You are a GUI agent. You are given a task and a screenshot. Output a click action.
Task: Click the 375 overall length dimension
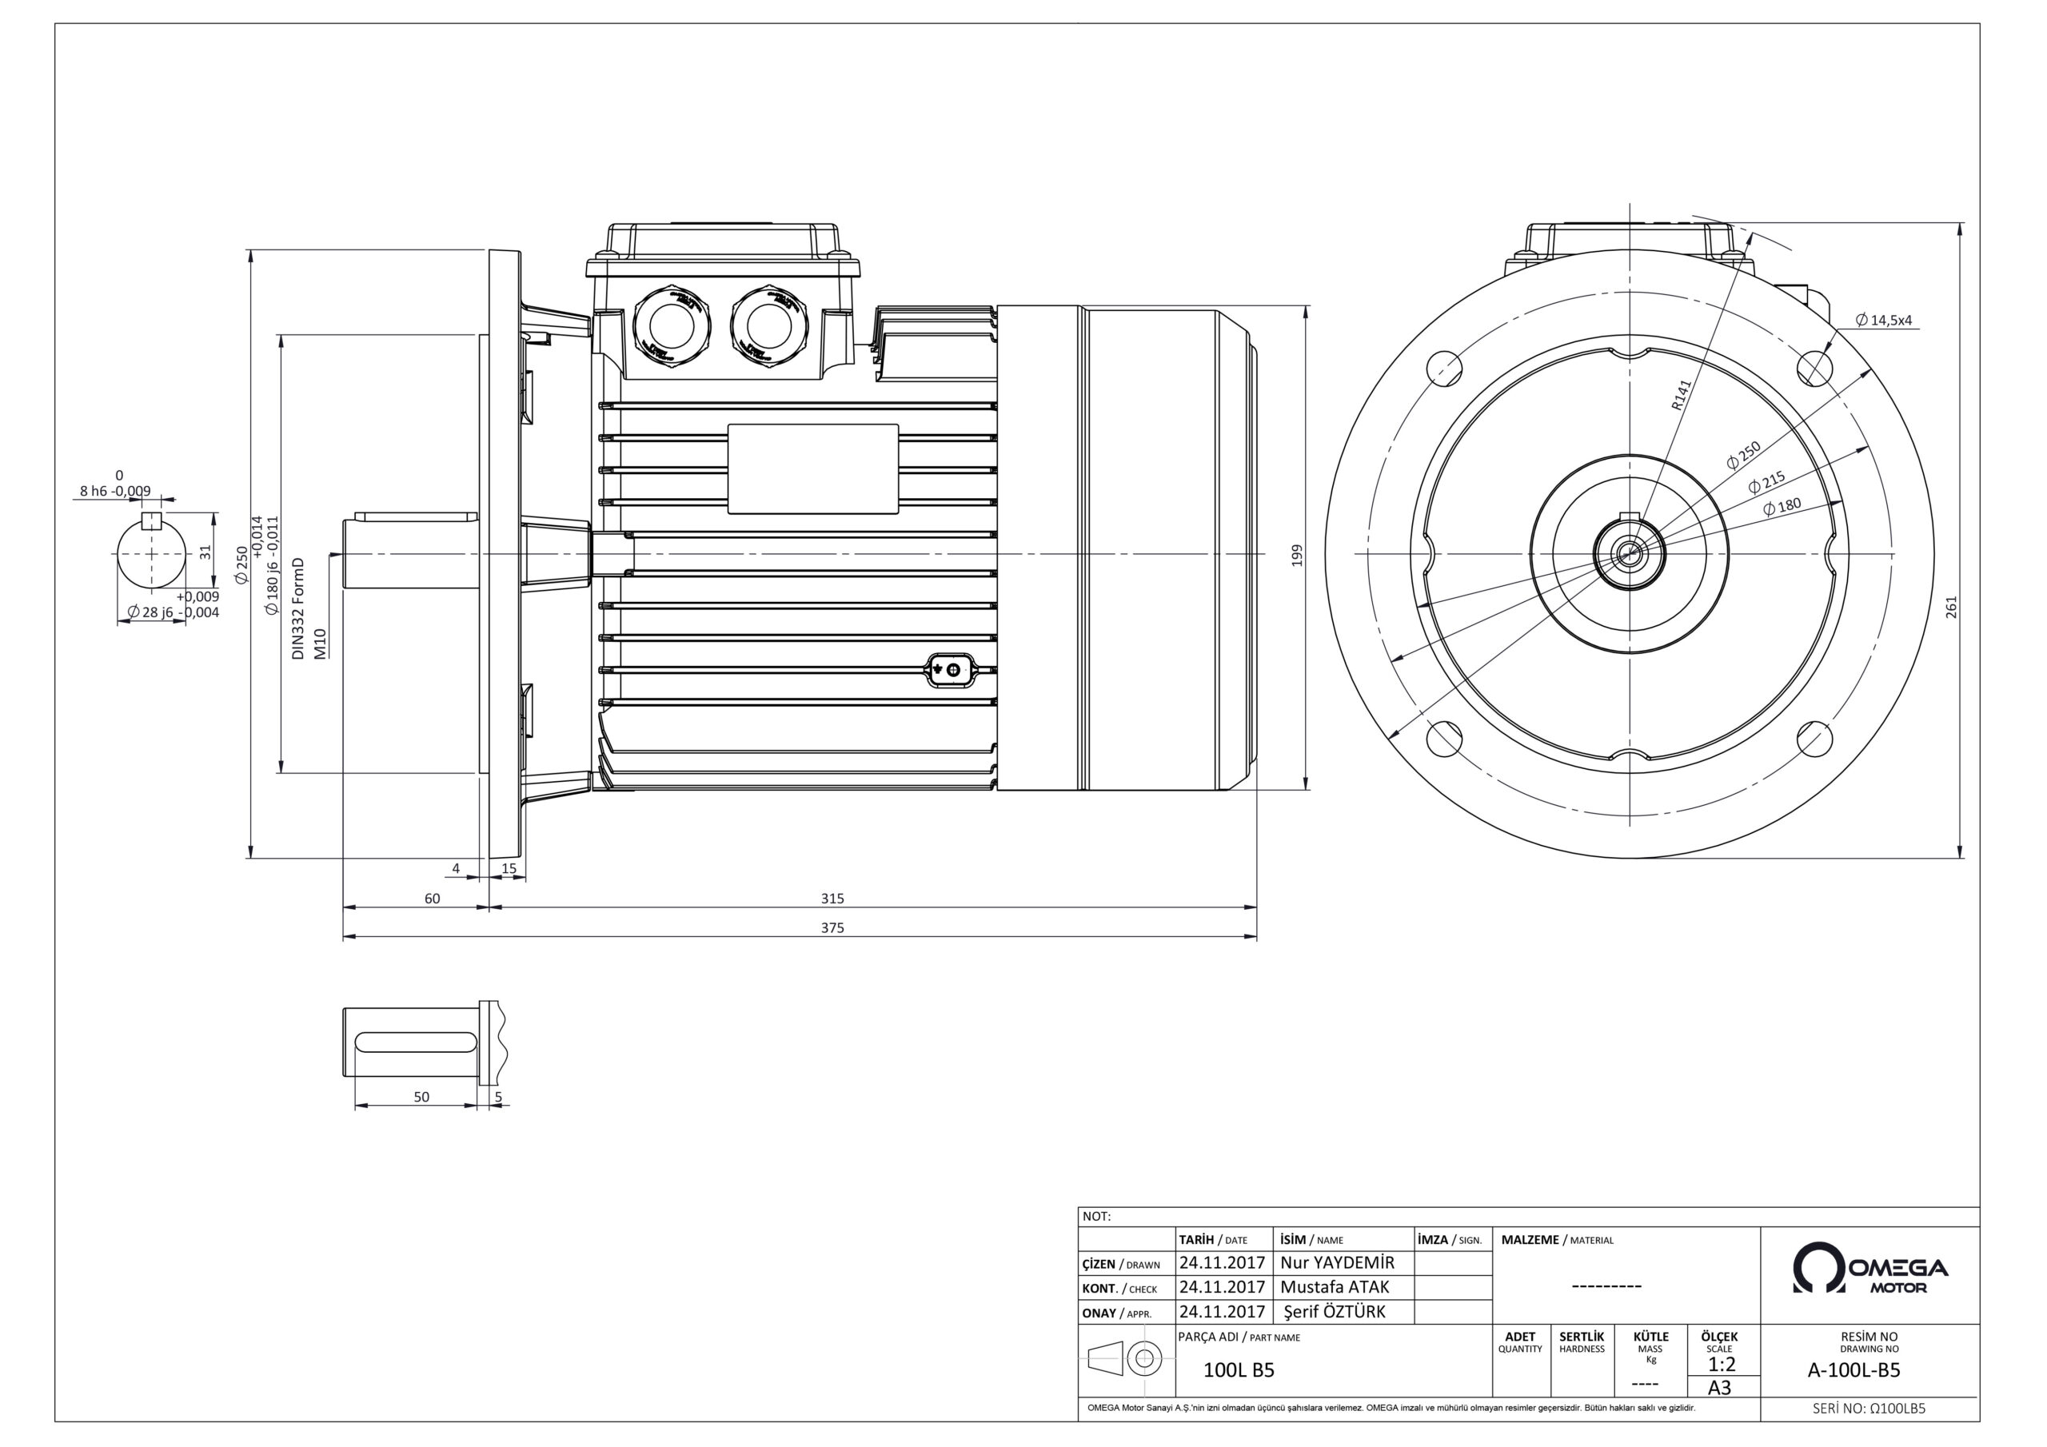click(x=832, y=927)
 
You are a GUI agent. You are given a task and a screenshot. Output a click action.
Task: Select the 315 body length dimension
click(x=832, y=898)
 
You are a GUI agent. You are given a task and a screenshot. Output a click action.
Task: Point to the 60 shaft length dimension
click(x=432, y=898)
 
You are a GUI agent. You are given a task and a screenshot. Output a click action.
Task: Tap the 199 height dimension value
click(x=1297, y=555)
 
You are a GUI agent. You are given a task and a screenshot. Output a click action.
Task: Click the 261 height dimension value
click(x=1951, y=607)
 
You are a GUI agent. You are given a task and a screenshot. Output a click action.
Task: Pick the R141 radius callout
click(x=1680, y=395)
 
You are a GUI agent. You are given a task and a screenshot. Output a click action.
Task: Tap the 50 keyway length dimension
click(x=421, y=1097)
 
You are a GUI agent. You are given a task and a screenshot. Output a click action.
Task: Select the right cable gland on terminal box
click(x=768, y=324)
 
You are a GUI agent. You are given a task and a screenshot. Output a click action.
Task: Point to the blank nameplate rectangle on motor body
click(x=812, y=469)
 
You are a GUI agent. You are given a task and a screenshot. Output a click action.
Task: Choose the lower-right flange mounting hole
click(x=1814, y=737)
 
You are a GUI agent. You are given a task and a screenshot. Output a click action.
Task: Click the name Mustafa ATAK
click(x=1334, y=1286)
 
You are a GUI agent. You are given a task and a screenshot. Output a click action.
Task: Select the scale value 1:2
click(x=1721, y=1364)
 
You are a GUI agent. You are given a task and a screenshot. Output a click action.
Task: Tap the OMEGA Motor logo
click(x=1869, y=1268)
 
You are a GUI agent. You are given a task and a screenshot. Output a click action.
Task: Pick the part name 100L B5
click(x=1239, y=1370)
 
